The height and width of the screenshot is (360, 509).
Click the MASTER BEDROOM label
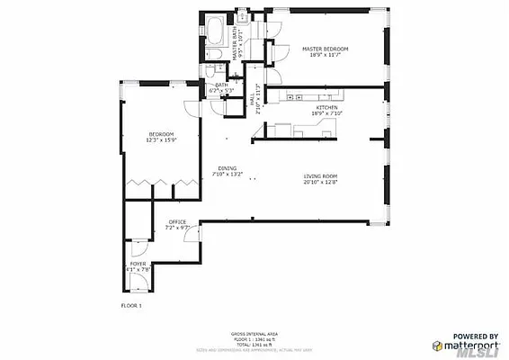[x=325, y=49]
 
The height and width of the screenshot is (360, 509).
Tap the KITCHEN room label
[x=326, y=107]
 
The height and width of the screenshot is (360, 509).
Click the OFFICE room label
[x=177, y=221]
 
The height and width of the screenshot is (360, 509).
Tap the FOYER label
[x=138, y=263]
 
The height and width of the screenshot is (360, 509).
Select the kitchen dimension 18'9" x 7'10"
[x=326, y=113]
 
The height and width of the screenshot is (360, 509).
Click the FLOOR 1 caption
[x=131, y=306]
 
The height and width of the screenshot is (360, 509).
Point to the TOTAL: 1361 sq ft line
[x=254, y=343]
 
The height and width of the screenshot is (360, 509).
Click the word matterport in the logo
[x=469, y=344]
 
